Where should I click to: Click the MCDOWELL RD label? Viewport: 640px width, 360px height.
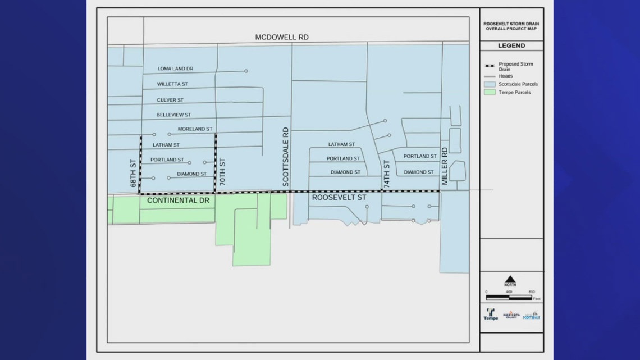pyautogui.click(x=282, y=37)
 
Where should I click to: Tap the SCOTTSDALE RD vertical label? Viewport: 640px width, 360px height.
pyautogui.click(x=285, y=157)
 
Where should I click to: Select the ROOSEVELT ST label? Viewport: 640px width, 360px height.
pyautogui.click(x=339, y=198)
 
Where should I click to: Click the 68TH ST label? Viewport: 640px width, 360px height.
pyautogui.click(x=133, y=176)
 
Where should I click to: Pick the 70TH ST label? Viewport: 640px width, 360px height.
pyautogui.click(x=222, y=174)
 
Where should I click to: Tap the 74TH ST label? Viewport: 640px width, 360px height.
pyautogui.click(x=386, y=174)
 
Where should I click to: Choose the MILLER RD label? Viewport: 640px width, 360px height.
pyautogui.click(x=444, y=166)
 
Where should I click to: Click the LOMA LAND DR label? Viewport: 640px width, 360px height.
pyautogui.click(x=175, y=69)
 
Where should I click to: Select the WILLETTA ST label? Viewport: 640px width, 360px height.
pyautogui.click(x=172, y=84)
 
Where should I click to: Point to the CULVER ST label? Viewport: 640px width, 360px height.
pyautogui.click(x=170, y=100)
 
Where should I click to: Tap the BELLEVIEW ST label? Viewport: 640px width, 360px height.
pyautogui.click(x=173, y=115)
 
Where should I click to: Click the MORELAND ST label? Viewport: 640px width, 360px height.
pyautogui.click(x=195, y=129)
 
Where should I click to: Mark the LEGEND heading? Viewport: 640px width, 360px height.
pyautogui.click(x=511, y=45)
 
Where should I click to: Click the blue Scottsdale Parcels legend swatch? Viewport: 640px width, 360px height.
pyautogui.click(x=490, y=84)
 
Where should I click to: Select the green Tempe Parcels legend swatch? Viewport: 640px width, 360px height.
pyautogui.click(x=490, y=92)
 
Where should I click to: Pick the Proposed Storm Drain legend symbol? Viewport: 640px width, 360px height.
pyautogui.click(x=490, y=66)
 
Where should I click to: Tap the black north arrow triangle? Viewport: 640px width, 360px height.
pyautogui.click(x=510, y=279)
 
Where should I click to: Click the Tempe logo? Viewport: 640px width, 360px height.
pyautogui.click(x=491, y=315)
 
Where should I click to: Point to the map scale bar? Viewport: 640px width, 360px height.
pyautogui.click(x=509, y=297)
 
